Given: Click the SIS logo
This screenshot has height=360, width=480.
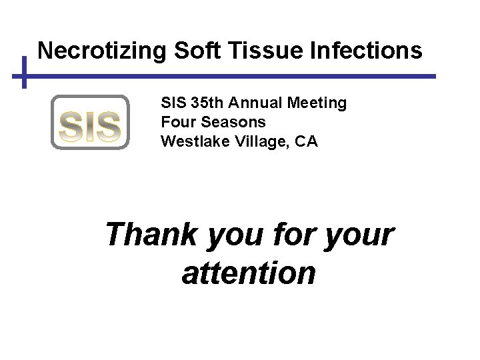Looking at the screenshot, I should pos(90,122).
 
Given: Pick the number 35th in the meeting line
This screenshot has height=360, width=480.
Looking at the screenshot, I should pos(207,103).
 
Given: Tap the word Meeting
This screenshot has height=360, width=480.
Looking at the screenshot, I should pos(317,103).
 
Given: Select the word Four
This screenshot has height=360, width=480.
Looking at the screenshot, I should pos(176,123).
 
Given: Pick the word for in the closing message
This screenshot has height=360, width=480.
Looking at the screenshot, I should pos(297,235).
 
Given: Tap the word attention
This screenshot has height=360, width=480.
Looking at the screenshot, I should pos(249,273).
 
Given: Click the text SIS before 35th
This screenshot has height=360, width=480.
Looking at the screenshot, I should pos(173,103).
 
